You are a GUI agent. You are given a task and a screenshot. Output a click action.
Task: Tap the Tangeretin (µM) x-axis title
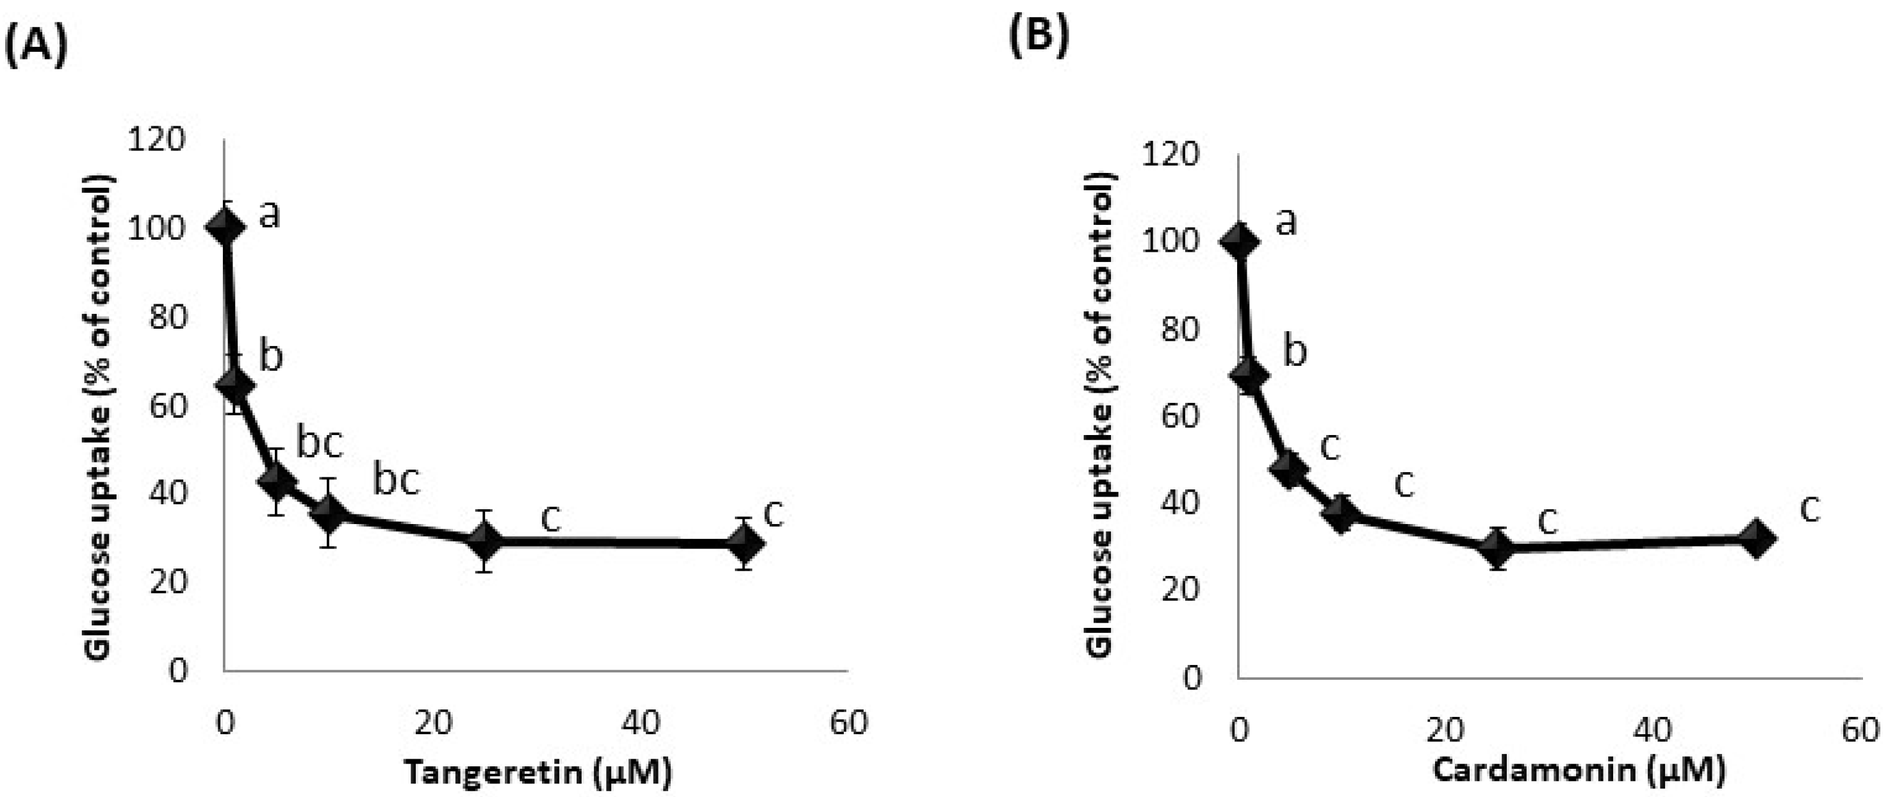click(x=538, y=772)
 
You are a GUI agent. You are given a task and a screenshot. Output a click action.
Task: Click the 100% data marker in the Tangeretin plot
click(x=224, y=227)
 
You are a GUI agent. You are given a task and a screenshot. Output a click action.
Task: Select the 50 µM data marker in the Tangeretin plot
click(x=744, y=544)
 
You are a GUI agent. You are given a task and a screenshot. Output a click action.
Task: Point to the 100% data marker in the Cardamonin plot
click(x=1238, y=242)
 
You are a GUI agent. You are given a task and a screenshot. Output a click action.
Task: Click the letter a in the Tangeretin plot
click(x=270, y=215)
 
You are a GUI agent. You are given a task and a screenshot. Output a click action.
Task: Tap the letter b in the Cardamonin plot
click(x=1295, y=351)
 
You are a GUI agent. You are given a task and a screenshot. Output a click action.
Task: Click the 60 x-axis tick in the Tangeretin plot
click(x=849, y=722)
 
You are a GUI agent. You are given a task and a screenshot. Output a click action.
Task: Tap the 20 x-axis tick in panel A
click(x=432, y=722)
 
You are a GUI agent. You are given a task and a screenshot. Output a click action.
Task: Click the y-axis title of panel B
click(x=1100, y=415)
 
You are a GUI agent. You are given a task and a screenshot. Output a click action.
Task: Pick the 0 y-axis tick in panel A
click(x=178, y=670)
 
